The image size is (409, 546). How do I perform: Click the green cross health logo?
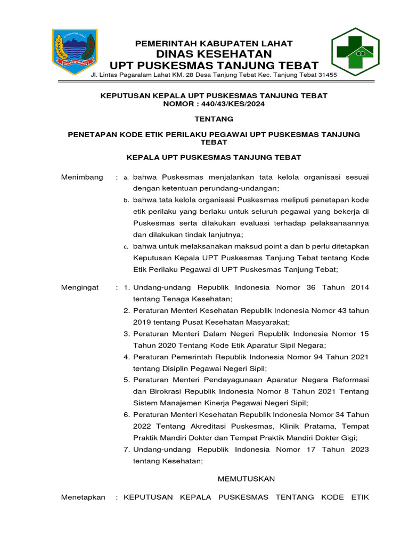tap(355, 52)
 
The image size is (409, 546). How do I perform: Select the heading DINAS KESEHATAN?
tap(214, 54)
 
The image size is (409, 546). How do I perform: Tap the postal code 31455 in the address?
tap(326, 75)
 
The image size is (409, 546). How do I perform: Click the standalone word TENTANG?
tap(214, 119)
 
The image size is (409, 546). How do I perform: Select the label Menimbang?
tap(82, 177)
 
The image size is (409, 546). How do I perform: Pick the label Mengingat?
tap(80, 287)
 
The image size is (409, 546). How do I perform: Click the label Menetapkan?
tap(83, 497)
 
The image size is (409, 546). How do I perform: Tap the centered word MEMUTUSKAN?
tap(246, 479)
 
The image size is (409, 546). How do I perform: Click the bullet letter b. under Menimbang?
tap(126, 200)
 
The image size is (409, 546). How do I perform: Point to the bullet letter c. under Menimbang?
tap(126, 247)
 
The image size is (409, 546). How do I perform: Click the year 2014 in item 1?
tap(359, 287)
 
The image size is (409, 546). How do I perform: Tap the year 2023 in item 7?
tap(359, 449)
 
